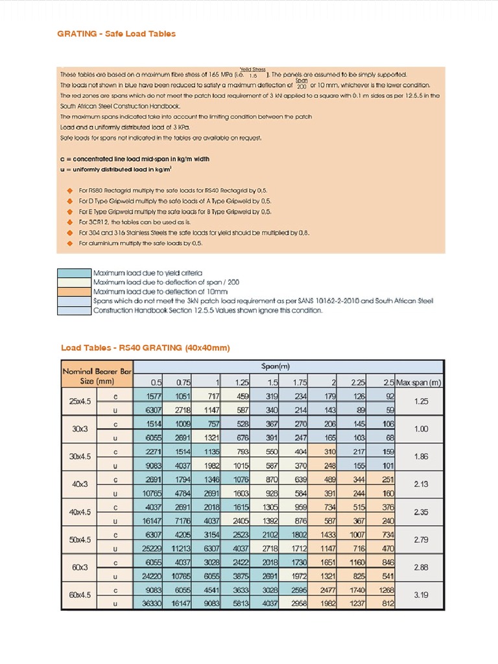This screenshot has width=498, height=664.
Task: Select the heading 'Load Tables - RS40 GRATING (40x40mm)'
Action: coord(145,348)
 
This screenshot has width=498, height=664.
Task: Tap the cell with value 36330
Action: coord(149,603)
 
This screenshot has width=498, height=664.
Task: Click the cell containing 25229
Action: coord(149,548)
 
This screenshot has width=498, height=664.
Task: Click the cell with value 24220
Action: coord(149,576)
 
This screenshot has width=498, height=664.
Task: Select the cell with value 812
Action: coord(386,603)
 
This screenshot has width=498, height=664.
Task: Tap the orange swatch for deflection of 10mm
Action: coord(75,292)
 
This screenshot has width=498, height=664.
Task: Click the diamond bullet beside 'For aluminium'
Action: coord(70,243)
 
